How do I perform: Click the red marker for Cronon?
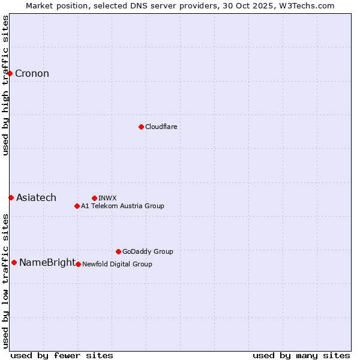click(10, 74)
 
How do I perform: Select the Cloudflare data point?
click(141, 127)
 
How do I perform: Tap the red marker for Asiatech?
click(11, 197)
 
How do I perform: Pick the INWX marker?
click(94, 198)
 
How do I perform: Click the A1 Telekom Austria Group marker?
click(77, 206)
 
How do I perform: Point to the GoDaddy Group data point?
click(118, 251)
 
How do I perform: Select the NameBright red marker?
click(14, 262)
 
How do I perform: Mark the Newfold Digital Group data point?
click(78, 264)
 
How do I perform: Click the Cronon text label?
click(32, 74)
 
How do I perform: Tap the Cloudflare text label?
click(161, 127)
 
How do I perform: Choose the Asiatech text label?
click(36, 197)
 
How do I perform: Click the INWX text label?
click(107, 198)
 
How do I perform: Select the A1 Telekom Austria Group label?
click(122, 206)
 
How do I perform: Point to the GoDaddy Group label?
click(148, 251)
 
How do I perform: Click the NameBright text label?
click(47, 262)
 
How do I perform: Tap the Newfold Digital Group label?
click(117, 264)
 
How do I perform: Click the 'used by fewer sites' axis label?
click(62, 355)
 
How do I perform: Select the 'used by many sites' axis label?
click(301, 355)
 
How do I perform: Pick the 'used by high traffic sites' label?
click(5, 85)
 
